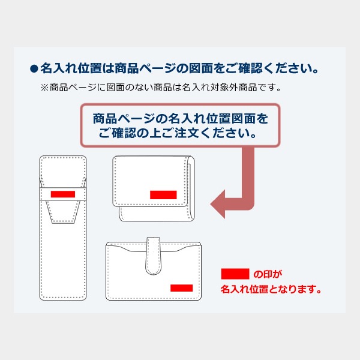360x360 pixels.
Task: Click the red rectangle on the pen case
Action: pos(63,194)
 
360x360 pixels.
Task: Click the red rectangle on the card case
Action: pos(163,194)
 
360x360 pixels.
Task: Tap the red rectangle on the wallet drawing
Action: pos(182,287)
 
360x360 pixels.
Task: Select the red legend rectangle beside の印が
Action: pos(235,274)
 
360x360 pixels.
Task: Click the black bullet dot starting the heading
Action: pos(34,67)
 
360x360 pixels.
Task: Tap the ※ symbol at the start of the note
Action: pos(44,88)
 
